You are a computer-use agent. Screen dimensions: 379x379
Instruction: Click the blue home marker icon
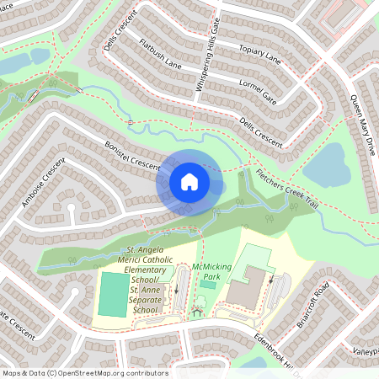(x=189, y=181)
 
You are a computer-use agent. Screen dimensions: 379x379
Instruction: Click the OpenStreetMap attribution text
(x=84, y=372)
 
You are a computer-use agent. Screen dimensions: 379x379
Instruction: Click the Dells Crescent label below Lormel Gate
(x=261, y=130)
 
